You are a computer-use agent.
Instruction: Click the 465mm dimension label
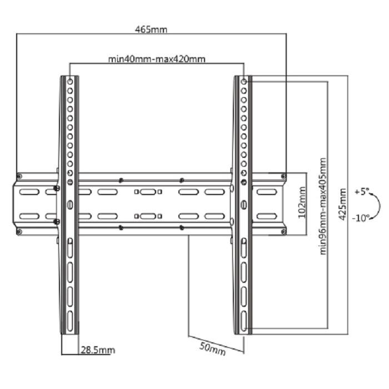[151, 29]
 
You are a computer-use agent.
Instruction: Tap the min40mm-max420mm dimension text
[157, 59]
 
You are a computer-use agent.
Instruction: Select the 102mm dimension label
[302, 202]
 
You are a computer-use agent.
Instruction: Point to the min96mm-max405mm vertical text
[323, 206]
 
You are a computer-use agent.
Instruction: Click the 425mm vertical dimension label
[343, 204]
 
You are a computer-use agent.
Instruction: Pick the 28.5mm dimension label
[98, 350]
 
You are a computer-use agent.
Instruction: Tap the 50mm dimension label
[213, 349]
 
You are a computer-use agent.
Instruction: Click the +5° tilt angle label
[362, 192]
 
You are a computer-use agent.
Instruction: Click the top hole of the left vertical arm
[70, 82]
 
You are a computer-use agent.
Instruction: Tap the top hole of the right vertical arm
[244, 82]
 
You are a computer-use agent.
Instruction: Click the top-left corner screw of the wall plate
[19, 176]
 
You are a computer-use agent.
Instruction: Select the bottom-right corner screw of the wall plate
[283, 232]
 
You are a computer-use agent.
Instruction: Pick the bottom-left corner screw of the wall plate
[19, 232]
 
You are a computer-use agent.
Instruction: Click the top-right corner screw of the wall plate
[283, 176]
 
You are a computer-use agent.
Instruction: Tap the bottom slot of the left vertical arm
[70, 321]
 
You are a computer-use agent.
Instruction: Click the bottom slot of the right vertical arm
[244, 321]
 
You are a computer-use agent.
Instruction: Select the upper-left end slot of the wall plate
[29, 192]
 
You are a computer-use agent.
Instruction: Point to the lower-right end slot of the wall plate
[267, 216]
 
